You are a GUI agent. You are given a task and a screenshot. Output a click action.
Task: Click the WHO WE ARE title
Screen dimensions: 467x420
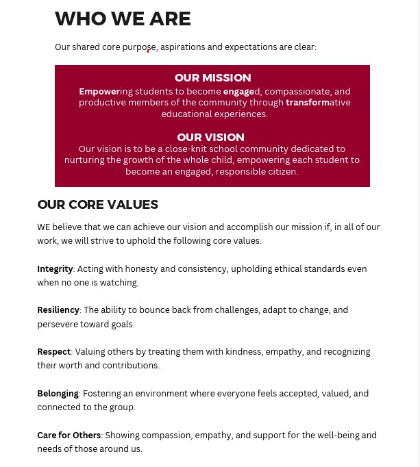pyautogui.click(x=123, y=19)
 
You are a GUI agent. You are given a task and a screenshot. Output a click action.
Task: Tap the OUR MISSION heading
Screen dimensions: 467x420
pyautogui.click(x=212, y=78)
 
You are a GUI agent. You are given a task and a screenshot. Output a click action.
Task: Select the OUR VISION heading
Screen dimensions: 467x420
pyautogui.click(x=210, y=138)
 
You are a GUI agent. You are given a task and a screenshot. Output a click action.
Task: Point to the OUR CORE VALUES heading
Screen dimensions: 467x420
pyautogui.click(x=97, y=205)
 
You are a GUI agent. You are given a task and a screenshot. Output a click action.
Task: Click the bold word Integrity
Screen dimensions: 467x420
pyautogui.click(x=55, y=269)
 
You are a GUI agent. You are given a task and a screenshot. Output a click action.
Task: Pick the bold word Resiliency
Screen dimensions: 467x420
pyautogui.click(x=58, y=310)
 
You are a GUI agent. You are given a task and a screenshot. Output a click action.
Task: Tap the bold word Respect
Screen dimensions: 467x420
pyautogui.click(x=53, y=352)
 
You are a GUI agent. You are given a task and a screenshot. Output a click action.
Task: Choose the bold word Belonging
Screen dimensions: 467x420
pyautogui.click(x=58, y=394)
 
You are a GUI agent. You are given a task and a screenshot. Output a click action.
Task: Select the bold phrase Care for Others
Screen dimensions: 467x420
pyautogui.click(x=69, y=436)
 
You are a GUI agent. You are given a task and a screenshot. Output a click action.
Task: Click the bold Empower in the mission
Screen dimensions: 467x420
pyautogui.click(x=99, y=92)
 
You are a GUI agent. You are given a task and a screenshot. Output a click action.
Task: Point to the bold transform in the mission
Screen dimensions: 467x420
pyautogui.click(x=308, y=103)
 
